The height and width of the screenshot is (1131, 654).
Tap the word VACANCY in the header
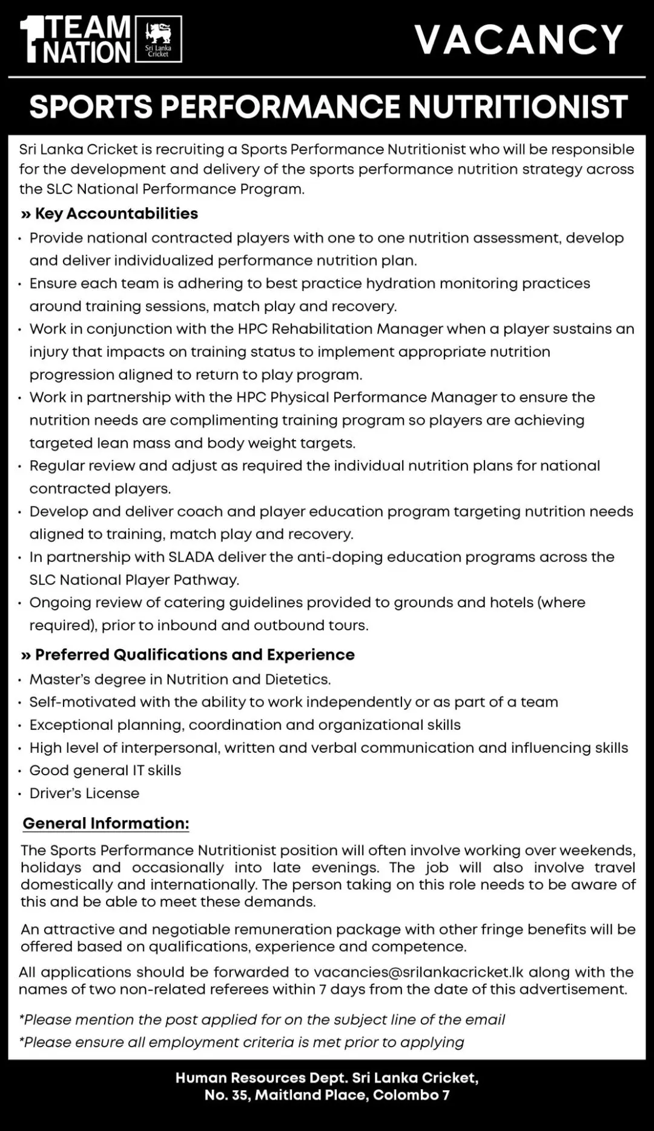click(519, 40)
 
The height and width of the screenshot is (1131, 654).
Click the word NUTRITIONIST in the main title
click(518, 107)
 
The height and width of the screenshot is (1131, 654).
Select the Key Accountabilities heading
click(116, 213)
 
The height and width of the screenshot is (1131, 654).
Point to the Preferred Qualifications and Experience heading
click(194, 655)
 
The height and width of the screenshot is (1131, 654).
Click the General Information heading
click(106, 823)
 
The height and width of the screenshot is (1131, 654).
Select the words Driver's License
click(84, 793)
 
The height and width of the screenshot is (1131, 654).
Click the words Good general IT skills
click(105, 770)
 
